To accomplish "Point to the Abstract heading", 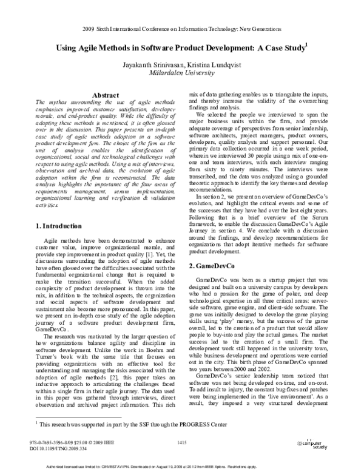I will click(107, 95).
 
